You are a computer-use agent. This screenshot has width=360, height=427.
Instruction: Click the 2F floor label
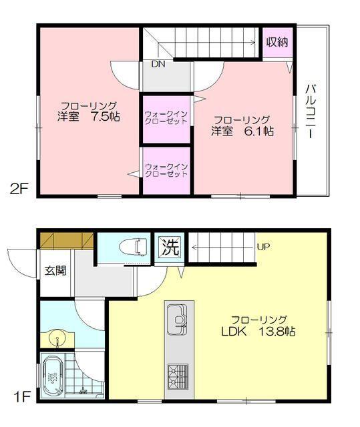pos(19,188)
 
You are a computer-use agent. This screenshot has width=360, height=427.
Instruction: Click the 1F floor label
pos(20,398)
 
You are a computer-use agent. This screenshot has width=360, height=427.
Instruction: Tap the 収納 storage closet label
pos(277,41)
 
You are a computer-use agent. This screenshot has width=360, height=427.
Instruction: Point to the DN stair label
pos(158,65)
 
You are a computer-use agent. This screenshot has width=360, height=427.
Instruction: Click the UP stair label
pos(263,247)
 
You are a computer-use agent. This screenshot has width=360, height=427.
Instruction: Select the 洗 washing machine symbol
pos(170,248)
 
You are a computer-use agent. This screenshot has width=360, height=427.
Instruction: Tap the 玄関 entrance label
pos(55,271)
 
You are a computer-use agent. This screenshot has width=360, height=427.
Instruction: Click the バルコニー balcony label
pos(311,111)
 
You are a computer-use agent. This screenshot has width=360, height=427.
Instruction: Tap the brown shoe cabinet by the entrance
pos(65,239)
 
